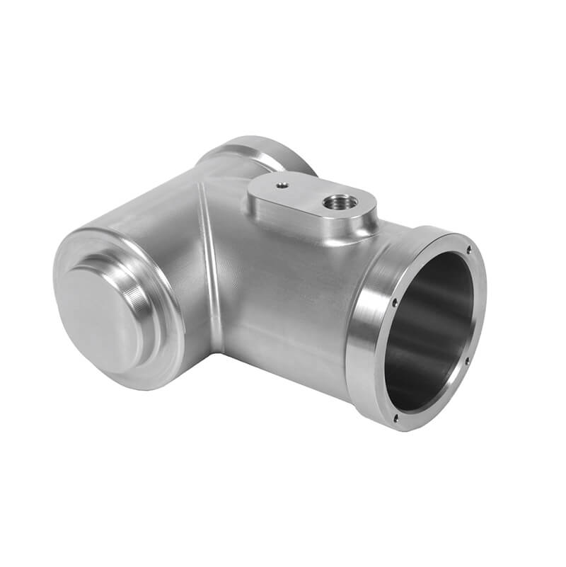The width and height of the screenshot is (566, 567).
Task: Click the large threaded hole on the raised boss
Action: click(336, 202)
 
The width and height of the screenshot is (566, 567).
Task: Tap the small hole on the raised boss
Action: click(282, 186)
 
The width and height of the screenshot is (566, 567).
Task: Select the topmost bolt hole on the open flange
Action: click(469, 250)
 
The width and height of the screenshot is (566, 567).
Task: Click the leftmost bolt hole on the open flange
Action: click(393, 302)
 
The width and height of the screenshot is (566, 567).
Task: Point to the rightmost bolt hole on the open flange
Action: click(468, 360)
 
